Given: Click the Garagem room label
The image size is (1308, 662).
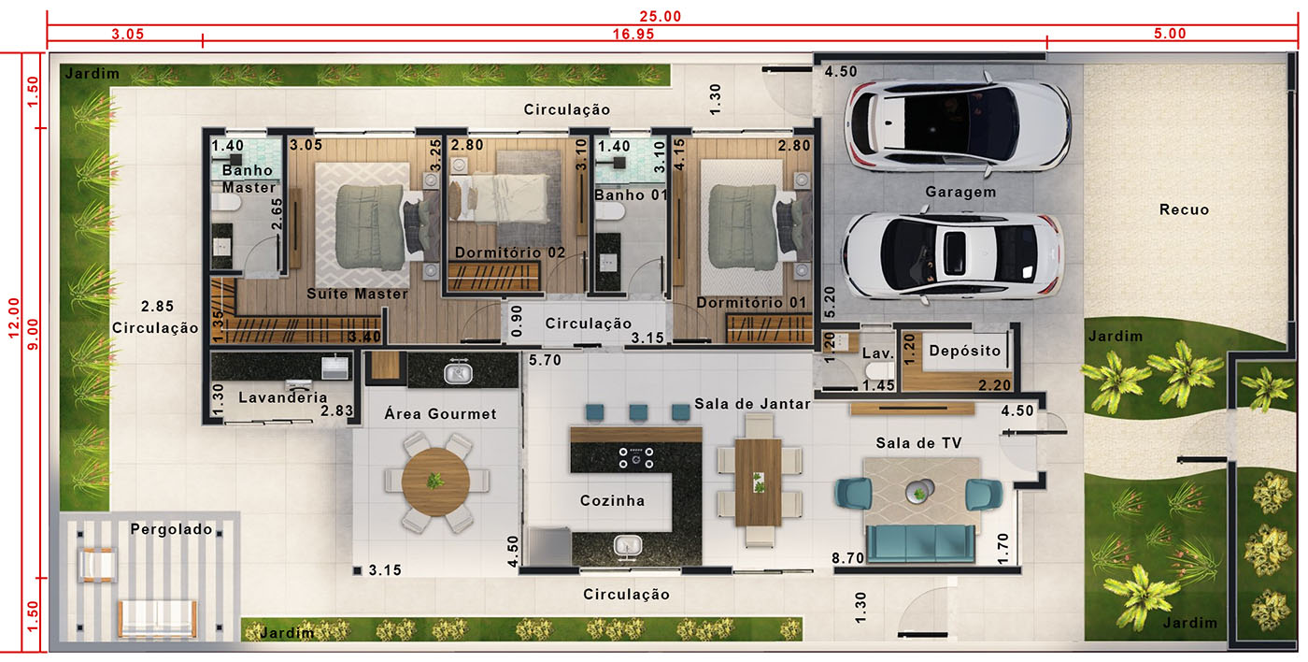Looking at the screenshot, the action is pyautogui.click(x=960, y=192).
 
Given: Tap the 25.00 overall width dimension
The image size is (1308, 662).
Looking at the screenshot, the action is pyautogui.click(x=660, y=16).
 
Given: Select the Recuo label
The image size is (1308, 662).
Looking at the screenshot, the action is pyautogui.click(x=1184, y=209).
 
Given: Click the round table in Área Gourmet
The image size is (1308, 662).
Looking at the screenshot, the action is pyautogui.click(x=435, y=482).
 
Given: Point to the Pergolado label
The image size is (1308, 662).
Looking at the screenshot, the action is pyautogui.click(x=171, y=529).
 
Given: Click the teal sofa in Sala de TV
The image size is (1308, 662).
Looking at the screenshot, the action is pyautogui.click(x=920, y=543).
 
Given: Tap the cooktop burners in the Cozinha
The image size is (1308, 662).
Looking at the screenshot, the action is pyautogui.click(x=636, y=457).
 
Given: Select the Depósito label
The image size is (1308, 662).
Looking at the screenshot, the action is pyautogui.click(x=964, y=351).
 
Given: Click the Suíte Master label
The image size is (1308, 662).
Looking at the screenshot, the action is pyautogui.click(x=357, y=294).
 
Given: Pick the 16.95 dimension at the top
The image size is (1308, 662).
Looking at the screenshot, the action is pyautogui.click(x=633, y=34).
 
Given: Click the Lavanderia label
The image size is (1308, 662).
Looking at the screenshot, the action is pyautogui.click(x=282, y=397).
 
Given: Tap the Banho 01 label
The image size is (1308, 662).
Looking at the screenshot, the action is pyautogui.click(x=631, y=194).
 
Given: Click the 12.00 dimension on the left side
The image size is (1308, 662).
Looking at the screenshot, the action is pyautogui.click(x=14, y=317).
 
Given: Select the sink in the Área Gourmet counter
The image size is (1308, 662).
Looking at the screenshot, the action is pyautogui.click(x=458, y=373).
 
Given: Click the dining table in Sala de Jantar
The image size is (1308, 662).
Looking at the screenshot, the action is pyautogui.click(x=758, y=482).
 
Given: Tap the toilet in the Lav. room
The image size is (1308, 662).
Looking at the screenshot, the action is pyautogui.click(x=879, y=370).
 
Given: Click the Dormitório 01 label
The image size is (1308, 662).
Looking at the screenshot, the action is pyautogui.click(x=751, y=303).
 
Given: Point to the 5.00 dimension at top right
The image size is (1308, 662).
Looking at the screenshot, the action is pyautogui.click(x=1170, y=34).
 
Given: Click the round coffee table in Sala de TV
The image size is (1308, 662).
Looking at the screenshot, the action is pyautogui.click(x=919, y=491).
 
